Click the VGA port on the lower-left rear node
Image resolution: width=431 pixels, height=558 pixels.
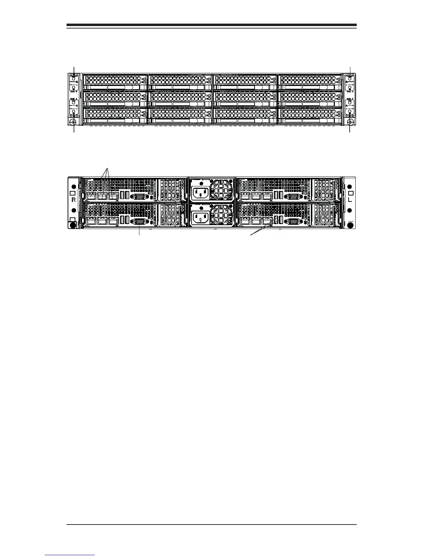pos(140,221)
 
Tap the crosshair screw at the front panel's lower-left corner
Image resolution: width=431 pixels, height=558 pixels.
pos(73,122)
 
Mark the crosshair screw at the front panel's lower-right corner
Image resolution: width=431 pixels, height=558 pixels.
pos(350,122)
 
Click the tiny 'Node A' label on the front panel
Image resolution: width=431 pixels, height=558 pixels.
pos(74,99)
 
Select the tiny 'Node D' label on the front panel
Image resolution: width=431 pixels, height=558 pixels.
pos(350,91)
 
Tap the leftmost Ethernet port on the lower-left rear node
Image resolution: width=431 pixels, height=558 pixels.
pos(90,221)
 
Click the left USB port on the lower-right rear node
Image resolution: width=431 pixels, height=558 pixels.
pos(276,221)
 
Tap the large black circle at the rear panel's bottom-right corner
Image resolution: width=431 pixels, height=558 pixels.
pos(350,225)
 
